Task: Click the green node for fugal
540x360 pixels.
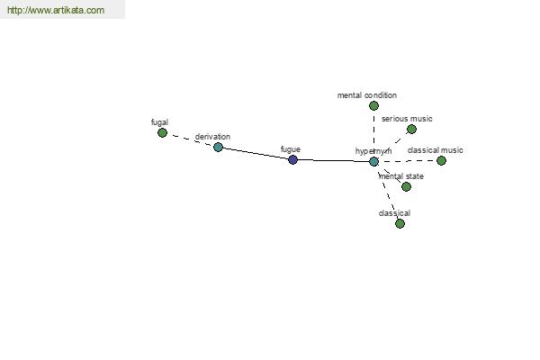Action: [x=162, y=132]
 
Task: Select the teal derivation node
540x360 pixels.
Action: [x=218, y=148]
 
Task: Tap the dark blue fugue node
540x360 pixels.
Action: [x=292, y=160]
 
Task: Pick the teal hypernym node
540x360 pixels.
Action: [x=373, y=162]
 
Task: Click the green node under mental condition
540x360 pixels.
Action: [x=373, y=106]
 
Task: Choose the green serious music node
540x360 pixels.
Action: [x=411, y=130]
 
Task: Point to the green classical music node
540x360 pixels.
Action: [x=441, y=160]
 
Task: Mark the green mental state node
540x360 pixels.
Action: [x=407, y=186]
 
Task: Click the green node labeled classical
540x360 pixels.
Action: [x=400, y=223]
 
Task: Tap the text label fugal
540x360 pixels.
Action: [x=159, y=122]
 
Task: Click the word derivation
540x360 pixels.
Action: [x=212, y=137]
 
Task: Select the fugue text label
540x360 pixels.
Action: [x=291, y=149]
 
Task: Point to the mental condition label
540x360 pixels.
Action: [x=367, y=95]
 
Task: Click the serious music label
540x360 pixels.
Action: [x=407, y=119]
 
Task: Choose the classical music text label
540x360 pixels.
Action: [x=435, y=150]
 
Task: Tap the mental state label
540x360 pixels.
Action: [x=400, y=176]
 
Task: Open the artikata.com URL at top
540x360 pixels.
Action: [x=56, y=10]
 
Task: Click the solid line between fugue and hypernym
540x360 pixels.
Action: [x=333, y=160]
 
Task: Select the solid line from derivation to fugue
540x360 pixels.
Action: [x=256, y=154]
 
